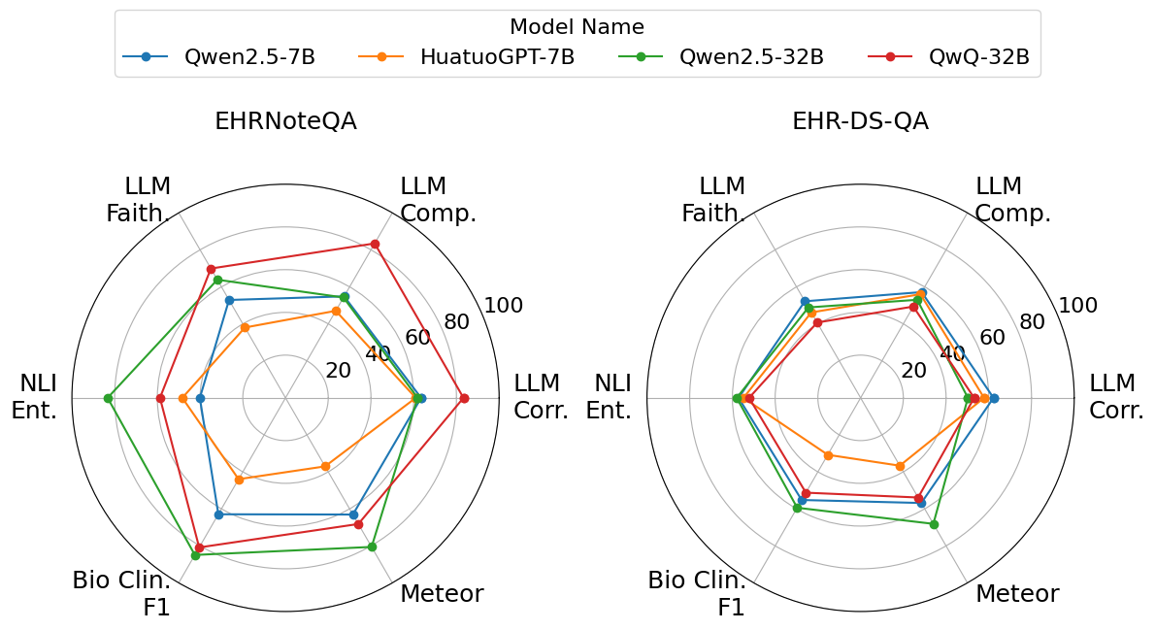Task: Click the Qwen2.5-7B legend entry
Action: (x=218, y=56)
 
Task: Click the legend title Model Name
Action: (x=577, y=27)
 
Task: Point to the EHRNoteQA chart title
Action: (x=285, y=121)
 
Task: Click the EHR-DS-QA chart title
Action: (x=860, y=121)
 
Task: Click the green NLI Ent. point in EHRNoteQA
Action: (x=108, y=398)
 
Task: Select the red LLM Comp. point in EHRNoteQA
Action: (x=376, y=244)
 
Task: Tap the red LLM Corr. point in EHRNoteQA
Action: (x=464, y=398)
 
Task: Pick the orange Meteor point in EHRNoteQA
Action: (x=325, y=467)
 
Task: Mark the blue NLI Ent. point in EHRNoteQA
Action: (x=200, y=398)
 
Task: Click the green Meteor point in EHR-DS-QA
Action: (x=934, y=524)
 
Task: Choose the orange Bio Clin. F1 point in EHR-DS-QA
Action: (x=828, y=454)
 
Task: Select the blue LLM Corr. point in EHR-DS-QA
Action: (x=994, y=398)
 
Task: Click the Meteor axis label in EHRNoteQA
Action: (x=442, y=593)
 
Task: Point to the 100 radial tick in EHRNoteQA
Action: (x=504, y=306)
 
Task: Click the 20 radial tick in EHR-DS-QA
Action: (x=913, y=370)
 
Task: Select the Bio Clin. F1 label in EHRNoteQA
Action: (x=121, y=594)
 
